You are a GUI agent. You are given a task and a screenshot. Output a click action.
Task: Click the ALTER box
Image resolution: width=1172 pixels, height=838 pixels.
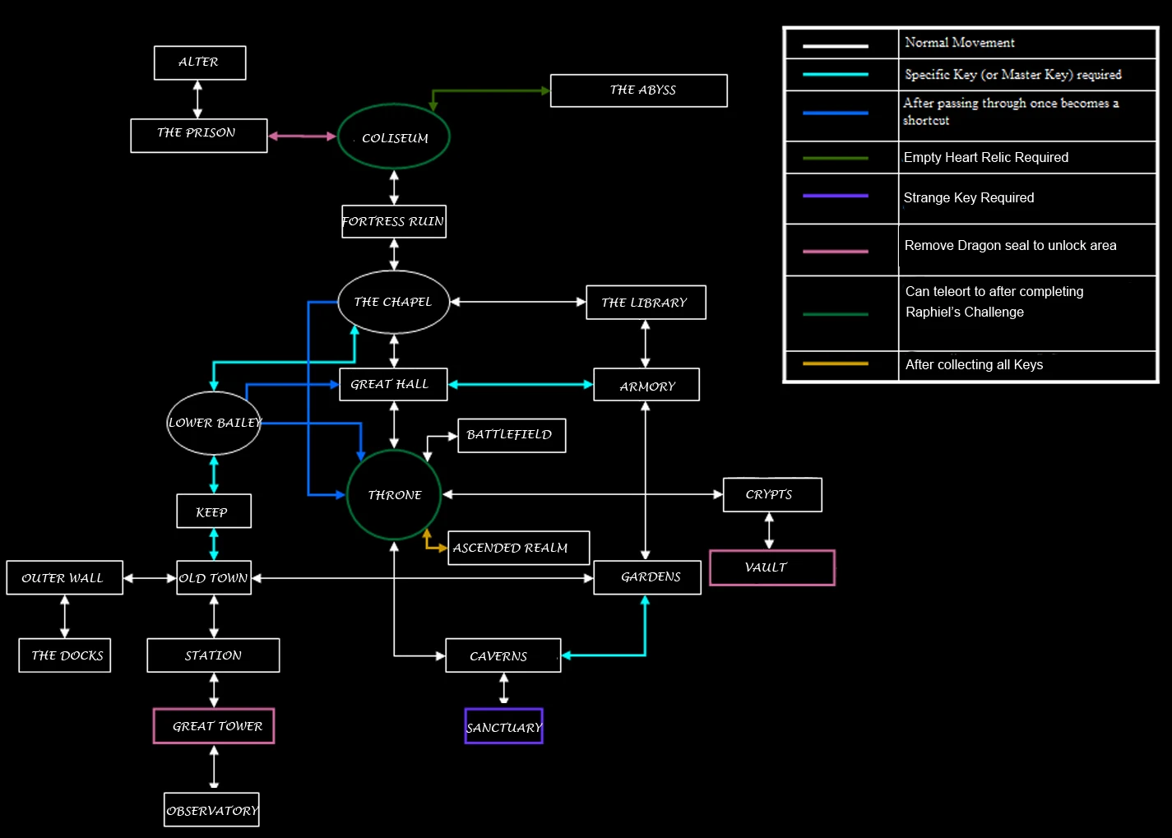[x=200, y=63]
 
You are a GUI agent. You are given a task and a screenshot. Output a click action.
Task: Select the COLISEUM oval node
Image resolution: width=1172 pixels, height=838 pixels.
[x=394, y=137]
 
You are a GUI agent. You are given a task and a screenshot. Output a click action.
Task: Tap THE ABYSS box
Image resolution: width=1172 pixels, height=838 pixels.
[x=639, y=90]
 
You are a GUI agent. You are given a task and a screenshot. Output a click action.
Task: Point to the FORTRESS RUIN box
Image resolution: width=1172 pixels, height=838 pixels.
[x=394, y=222]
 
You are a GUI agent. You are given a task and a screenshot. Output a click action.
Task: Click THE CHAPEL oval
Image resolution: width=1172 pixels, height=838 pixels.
[x=394, y=302]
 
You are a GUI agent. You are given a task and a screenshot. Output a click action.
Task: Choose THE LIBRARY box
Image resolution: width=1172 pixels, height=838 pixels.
[x=646, y=303]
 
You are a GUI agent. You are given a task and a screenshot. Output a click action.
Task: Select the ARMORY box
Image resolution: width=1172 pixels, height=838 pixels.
[x=646, y=385]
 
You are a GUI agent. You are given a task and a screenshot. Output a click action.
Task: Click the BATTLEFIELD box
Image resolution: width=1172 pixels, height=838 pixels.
[x=512, y=435]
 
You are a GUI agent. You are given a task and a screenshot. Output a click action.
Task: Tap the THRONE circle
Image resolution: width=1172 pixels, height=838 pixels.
[x=394, y=494]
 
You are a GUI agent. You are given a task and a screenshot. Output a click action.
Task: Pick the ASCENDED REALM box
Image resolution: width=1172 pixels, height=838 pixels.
[x=519, y=548]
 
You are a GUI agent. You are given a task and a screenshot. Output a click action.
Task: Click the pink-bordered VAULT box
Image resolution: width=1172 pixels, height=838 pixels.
[x=771, y=567]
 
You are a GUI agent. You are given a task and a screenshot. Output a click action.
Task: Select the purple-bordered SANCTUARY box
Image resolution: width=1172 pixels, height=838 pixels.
[x=503, y=727]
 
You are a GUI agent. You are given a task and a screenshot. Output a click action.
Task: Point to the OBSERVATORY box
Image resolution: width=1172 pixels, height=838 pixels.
[x=211, y=810]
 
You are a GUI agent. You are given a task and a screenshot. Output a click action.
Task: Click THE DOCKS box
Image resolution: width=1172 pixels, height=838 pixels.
[x=65, y=655]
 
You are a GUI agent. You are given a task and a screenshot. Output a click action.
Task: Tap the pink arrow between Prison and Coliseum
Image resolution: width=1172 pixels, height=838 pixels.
[x=303, y=137]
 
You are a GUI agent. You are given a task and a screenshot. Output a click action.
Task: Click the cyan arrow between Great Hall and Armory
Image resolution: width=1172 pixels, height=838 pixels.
[x=521, y=384]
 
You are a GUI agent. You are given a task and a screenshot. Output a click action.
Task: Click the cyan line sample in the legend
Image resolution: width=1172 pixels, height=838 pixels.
[x=835, y=75]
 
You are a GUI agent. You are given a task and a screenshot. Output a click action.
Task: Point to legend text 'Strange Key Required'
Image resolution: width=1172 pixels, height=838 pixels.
[x=969, y=198]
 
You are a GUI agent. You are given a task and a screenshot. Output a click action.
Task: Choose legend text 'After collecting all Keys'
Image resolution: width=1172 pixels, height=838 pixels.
[x=974, y=365]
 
